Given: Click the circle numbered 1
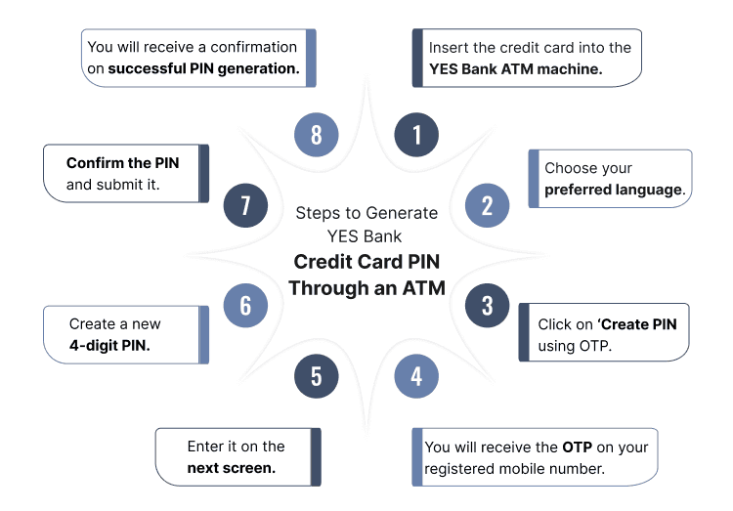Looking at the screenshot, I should coord(417,135).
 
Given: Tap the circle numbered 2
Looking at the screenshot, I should coord(487,206).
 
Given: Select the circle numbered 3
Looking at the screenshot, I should coord(487,305).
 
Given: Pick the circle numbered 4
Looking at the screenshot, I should coord(416,376).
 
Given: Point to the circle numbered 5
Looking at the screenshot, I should coord(316,376).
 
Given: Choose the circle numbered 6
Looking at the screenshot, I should coord(245,305).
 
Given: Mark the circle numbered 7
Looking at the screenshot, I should coord(245,206).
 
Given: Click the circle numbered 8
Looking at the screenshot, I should coord(316,135).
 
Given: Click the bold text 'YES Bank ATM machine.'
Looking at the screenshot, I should coord(515,69).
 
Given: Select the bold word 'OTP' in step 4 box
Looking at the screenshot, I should coord(577,447).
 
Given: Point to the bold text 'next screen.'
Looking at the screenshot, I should coord(231,468).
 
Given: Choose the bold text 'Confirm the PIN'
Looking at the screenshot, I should coord(123,163).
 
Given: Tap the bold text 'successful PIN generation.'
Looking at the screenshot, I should coord(203,68).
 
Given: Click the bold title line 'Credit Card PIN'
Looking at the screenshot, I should coord(366,263).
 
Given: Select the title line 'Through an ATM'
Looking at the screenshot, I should coord(366,288).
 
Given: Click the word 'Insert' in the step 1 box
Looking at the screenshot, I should coord(450,48).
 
